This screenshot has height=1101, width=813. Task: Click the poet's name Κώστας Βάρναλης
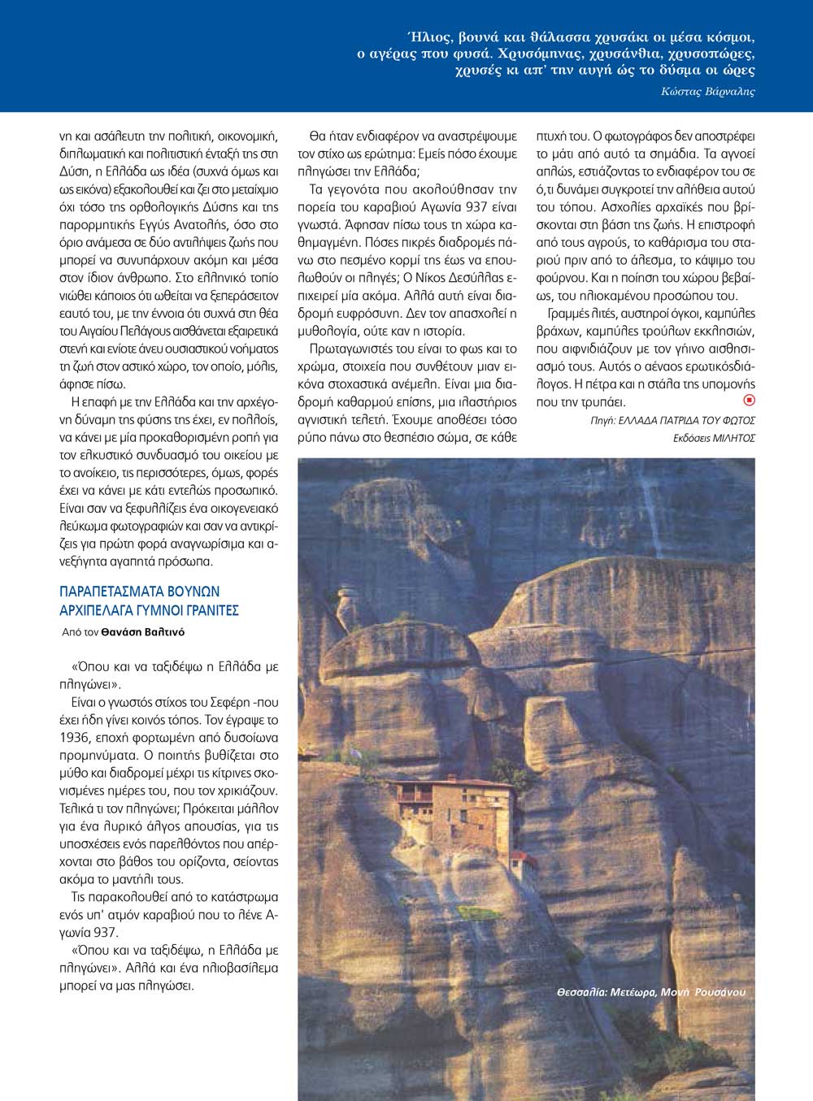[708, 92]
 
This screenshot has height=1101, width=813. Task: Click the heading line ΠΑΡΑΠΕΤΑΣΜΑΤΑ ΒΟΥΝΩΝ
[139, 592]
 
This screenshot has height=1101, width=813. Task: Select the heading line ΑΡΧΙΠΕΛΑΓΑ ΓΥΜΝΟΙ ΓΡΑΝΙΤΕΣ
[149, 610]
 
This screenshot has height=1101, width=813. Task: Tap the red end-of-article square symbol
[750, 400]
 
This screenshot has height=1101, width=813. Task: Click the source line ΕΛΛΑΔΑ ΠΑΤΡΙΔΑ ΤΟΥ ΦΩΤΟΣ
[686, 420]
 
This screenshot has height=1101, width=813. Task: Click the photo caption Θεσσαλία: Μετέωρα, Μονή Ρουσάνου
[650, 992]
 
